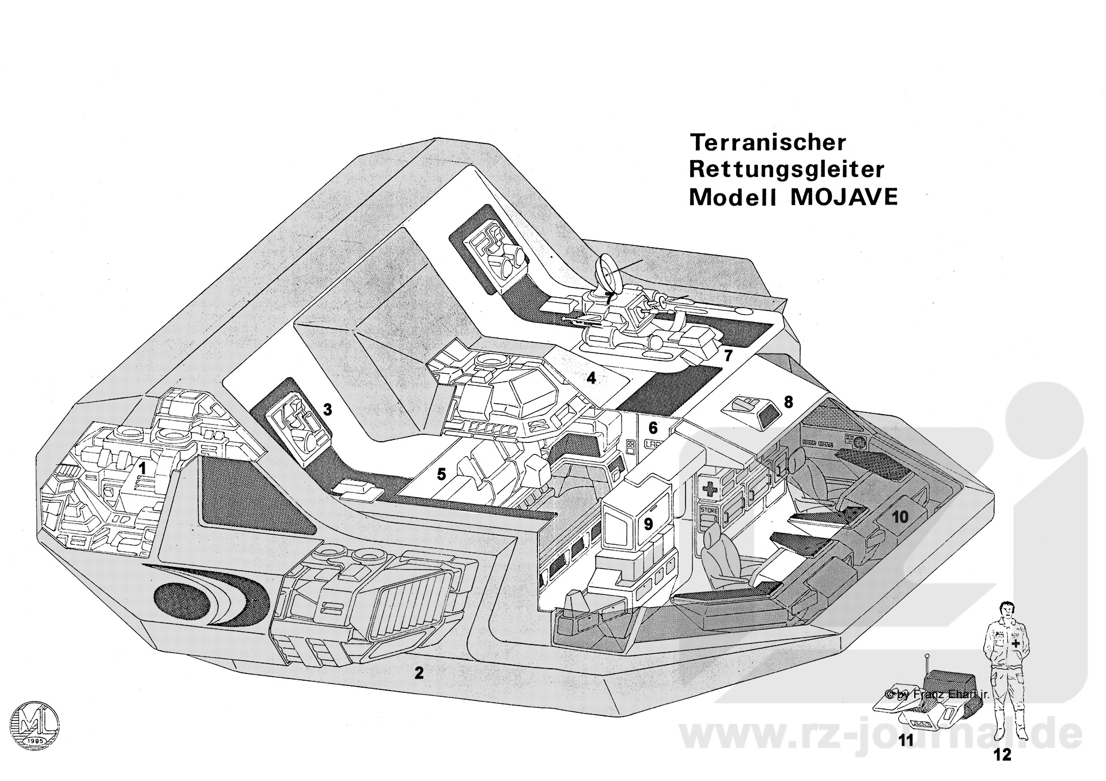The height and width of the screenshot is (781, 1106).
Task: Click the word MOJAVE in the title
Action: click(x=844, y=197)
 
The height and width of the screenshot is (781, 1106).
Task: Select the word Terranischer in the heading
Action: click(x=767, y=142)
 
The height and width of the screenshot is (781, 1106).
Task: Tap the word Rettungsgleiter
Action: click(x=786, y=169)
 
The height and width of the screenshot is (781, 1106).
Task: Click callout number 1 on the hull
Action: click(x=142, y=468)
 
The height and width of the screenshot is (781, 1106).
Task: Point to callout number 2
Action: click(x=419, y=672)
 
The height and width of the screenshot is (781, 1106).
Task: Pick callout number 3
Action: click(x=327, y=410)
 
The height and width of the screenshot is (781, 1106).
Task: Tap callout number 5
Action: click(x=441, y=475)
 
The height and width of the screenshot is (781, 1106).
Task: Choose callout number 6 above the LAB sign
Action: click(x=653, y=427)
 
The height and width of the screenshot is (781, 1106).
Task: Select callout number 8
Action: click(x=788, y=402)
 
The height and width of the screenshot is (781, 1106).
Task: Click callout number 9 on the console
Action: click(x=648, y=524)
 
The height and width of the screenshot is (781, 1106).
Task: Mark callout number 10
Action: click(x=900, y=517)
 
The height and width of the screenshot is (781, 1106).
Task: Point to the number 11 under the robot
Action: click(x=907, y=756)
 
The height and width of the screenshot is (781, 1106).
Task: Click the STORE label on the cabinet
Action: click(x=708, y=511)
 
